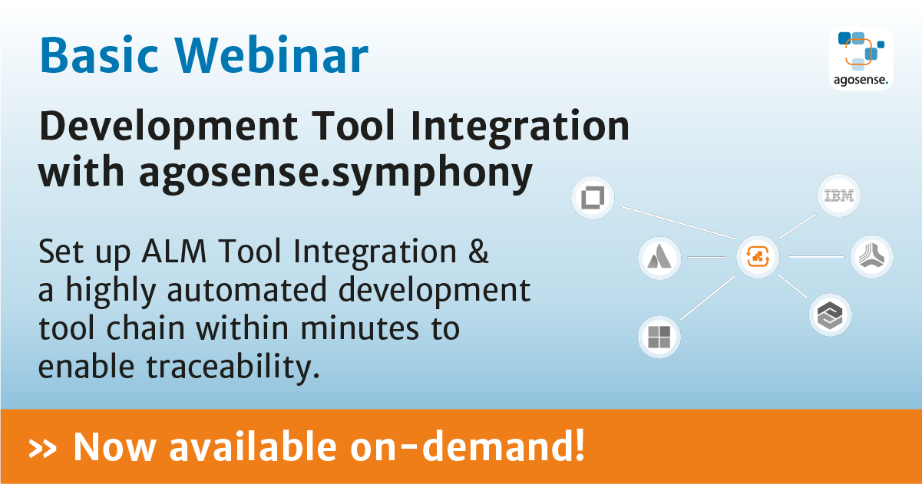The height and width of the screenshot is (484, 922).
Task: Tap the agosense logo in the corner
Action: tap(861, 58)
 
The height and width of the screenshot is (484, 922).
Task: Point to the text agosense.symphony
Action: tap(335, 173)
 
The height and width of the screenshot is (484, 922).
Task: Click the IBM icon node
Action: tap(838, 196)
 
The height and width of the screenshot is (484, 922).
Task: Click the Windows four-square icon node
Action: tap(659, 337)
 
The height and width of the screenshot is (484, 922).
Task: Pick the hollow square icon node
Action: tap(593, 199)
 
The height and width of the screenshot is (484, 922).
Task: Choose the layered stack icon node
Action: tap(830, 315)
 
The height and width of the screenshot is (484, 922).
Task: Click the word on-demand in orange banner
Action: tap(507, 446)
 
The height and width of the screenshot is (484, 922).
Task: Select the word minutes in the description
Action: tap(357, 330)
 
